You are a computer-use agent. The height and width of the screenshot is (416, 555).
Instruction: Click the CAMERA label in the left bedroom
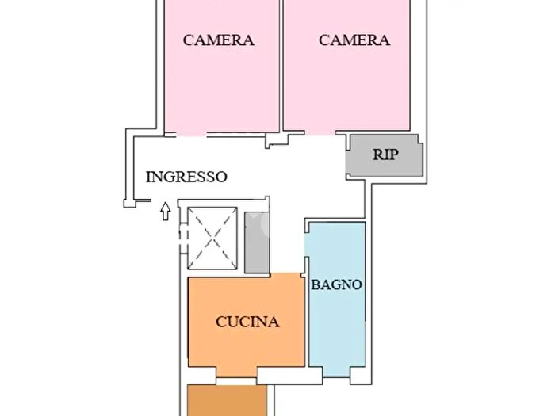tap(218, 40)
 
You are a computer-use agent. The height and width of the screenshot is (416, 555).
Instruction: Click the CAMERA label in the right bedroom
tap(354, 40)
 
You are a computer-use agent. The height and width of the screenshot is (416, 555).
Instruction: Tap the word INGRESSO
tap(186, 177)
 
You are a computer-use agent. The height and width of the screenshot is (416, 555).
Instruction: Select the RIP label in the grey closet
tap(385, 155)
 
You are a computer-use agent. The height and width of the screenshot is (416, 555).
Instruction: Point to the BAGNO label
tap(336, 284)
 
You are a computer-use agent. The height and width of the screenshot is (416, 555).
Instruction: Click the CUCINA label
tap(247, 322)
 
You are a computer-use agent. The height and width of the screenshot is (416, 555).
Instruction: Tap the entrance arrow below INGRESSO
tap(165, 212)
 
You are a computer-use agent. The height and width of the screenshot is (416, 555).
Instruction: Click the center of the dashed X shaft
tap(212, 239)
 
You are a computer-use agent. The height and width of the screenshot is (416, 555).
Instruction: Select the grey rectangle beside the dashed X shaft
tap(257, 242)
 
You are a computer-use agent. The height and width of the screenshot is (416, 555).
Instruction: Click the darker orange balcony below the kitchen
tap(227, 400)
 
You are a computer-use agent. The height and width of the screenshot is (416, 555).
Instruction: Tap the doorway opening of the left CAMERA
tap(192, 134)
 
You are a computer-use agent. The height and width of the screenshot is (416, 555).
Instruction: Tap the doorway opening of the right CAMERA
tap(320, 132)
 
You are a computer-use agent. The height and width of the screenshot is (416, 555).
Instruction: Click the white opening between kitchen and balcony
tap(236, 381)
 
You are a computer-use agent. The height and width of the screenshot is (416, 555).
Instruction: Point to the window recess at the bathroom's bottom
tap(336, 372)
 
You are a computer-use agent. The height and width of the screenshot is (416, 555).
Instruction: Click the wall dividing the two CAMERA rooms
tap(281, 66)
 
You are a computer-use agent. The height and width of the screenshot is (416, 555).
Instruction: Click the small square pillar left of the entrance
tap(129, 204)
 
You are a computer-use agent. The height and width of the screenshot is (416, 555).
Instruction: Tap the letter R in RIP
tap(377, 155)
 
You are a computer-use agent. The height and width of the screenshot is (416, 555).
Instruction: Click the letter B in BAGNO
tap(315, 284)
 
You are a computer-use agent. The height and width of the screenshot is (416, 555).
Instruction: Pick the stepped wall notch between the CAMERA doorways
tap(277, 140)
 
